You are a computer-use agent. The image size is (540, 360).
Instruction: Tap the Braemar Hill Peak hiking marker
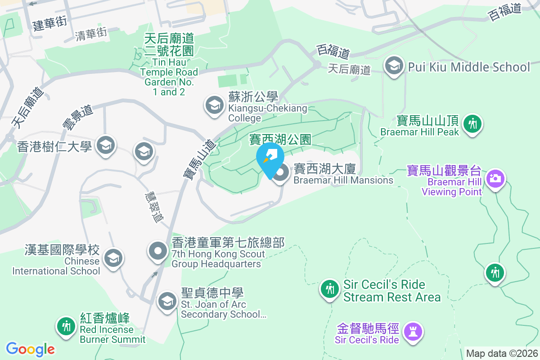click(472, 123)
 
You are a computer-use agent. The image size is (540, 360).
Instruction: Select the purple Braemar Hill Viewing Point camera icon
click(495, 179)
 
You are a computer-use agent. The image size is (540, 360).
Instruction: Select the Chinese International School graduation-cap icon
click(112, 258)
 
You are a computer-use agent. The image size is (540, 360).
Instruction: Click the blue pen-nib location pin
click(270, 157)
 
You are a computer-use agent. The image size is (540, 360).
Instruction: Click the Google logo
click(30, 349)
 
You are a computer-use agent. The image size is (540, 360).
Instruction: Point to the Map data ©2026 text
click(501, 353)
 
